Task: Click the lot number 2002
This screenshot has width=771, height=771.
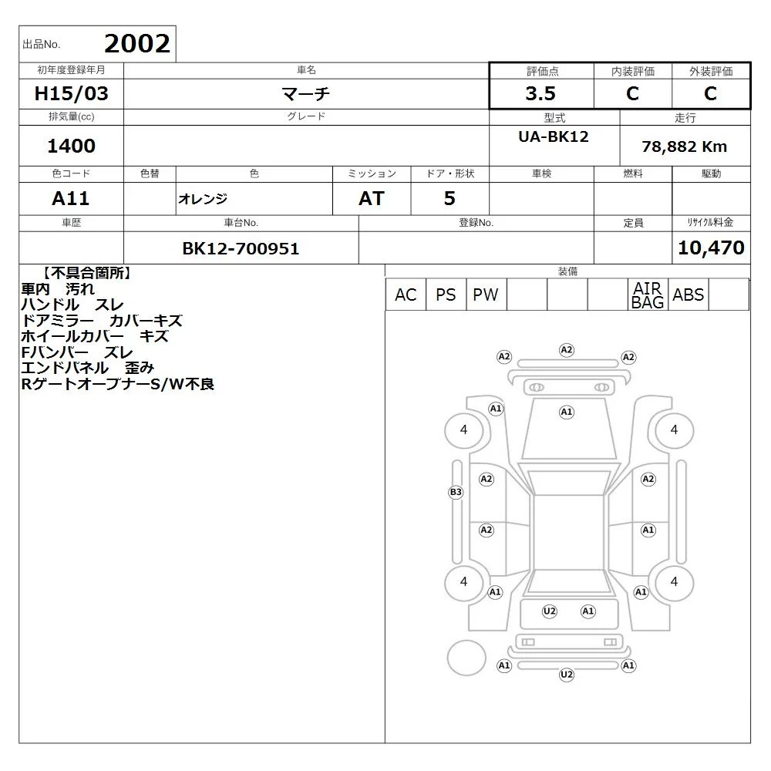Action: click(x=137, y=44)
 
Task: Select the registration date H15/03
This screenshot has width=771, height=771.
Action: click(x=71, y=93)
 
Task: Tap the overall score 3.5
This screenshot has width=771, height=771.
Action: click(x=540, y=93)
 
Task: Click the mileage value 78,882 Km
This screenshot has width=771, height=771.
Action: click(x=684, y=146)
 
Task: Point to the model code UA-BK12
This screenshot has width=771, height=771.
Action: click(x=553, y=136)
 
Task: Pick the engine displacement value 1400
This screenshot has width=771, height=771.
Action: click(x=71, y=146)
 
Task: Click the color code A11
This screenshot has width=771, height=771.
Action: click(x=71, y=199)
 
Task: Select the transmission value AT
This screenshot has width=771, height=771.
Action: click(x=372, y=199)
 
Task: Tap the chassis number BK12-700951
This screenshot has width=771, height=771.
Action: click(x=241, y=248)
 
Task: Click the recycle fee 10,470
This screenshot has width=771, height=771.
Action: click(x=711, y=247)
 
